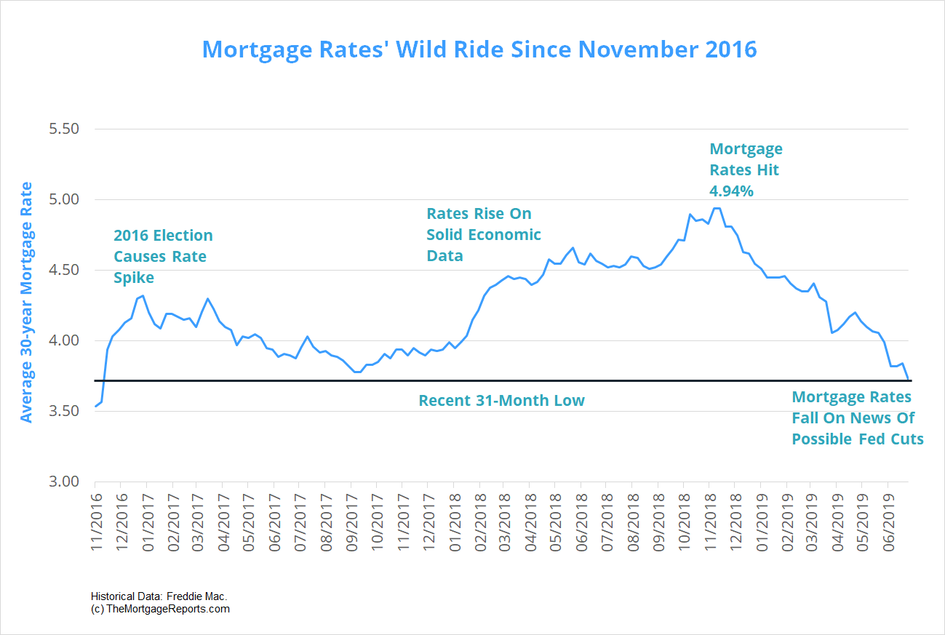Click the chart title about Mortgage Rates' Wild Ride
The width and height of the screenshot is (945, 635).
click(479, 49)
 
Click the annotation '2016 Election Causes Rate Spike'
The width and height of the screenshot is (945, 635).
click(163, 257)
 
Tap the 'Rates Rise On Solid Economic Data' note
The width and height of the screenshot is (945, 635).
click(483, 234)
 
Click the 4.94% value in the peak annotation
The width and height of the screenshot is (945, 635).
click(731, 191)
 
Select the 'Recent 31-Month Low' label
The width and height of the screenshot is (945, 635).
click(501, 400)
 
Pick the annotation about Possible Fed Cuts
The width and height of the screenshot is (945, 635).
click(857, 418)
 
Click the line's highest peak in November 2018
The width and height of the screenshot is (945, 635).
click(716, 209)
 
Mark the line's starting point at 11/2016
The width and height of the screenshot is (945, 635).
click(95, 406)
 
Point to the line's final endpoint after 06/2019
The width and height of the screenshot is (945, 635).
click(908, 379)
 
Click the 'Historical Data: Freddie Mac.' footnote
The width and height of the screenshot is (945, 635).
click(159, 596)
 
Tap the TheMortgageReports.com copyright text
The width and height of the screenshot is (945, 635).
click(161, 609)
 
